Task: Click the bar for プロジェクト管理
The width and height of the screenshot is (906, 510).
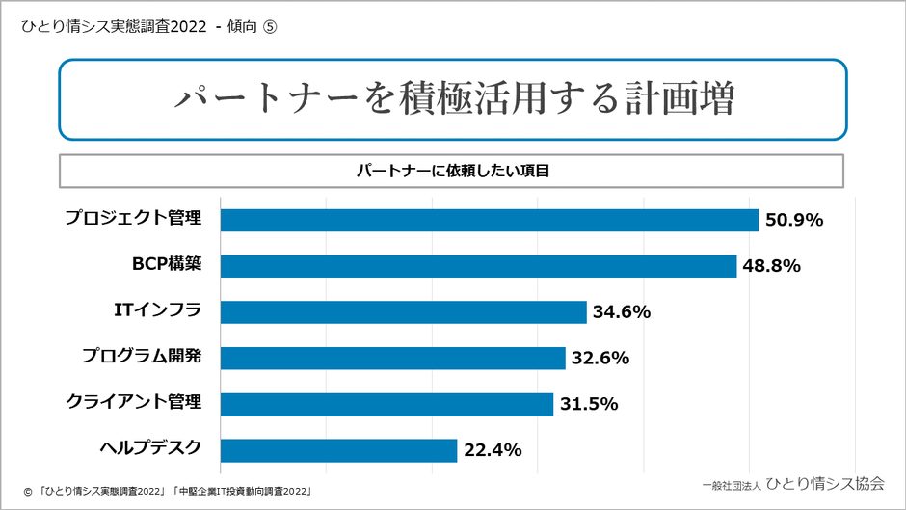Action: tap(490, 220)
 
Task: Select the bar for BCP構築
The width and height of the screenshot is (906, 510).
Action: tap(478, 266)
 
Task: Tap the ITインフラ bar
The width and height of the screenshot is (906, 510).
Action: tap(403, 311)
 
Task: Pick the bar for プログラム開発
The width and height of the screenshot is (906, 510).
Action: tap(392, 358)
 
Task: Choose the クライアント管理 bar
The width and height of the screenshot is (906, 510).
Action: tap(386, 404)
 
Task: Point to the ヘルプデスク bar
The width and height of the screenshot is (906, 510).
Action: tap(338, 450)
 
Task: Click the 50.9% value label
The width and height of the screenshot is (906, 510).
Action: tap(793, 220)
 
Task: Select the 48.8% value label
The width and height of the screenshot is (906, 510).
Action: tap(771, 266)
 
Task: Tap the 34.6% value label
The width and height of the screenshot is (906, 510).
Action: tap(622, 311)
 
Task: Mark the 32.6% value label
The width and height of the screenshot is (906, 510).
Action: tap(600, 358)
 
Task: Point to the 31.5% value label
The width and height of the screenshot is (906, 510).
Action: tap(588, 404)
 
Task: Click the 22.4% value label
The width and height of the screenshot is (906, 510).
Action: tap(492, 450)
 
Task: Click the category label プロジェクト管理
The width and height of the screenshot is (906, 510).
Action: tap(133, 218)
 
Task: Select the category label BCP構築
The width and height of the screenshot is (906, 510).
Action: tap(167, 263)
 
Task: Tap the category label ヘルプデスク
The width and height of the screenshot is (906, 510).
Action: tap(150, 447)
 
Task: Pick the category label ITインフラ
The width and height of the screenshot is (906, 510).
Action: tap(157, 309)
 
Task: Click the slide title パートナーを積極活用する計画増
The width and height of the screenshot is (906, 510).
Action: tap(453, 99)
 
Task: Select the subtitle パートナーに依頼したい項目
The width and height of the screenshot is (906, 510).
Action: tap(452, 171)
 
